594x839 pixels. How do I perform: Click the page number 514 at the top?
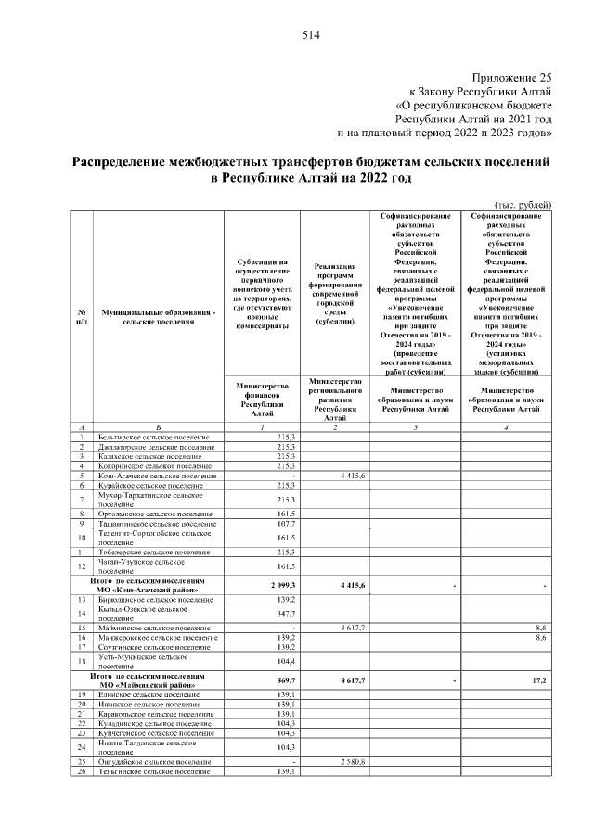coord(310,36)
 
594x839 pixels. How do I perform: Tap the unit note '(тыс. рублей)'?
coord(523,204)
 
